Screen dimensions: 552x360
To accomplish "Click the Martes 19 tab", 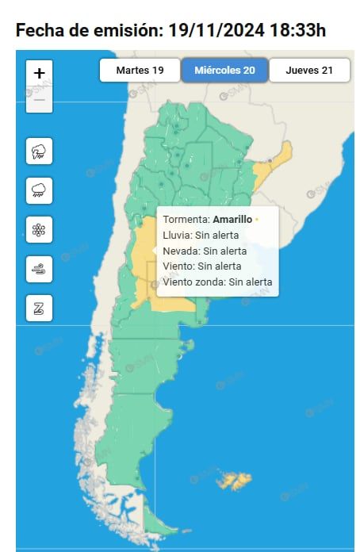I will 140,71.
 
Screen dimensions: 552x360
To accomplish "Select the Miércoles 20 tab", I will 224,71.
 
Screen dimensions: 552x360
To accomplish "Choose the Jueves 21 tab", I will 309,71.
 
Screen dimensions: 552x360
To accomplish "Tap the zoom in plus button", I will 40,73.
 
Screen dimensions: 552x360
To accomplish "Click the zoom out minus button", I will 40,100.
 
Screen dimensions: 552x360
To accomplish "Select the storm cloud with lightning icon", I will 39,151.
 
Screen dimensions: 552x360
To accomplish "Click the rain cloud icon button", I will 39,190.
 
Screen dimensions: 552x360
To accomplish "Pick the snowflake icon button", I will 39,229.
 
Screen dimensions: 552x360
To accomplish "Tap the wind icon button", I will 39,268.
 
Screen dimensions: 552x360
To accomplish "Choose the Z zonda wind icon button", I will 39,307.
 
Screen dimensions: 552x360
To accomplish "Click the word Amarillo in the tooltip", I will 232,219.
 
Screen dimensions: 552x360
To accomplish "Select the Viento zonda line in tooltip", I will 217,282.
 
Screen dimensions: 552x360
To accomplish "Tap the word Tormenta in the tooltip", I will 186,219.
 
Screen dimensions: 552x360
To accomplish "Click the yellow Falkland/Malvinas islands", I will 236,480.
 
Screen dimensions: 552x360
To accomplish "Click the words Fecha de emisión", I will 85,31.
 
